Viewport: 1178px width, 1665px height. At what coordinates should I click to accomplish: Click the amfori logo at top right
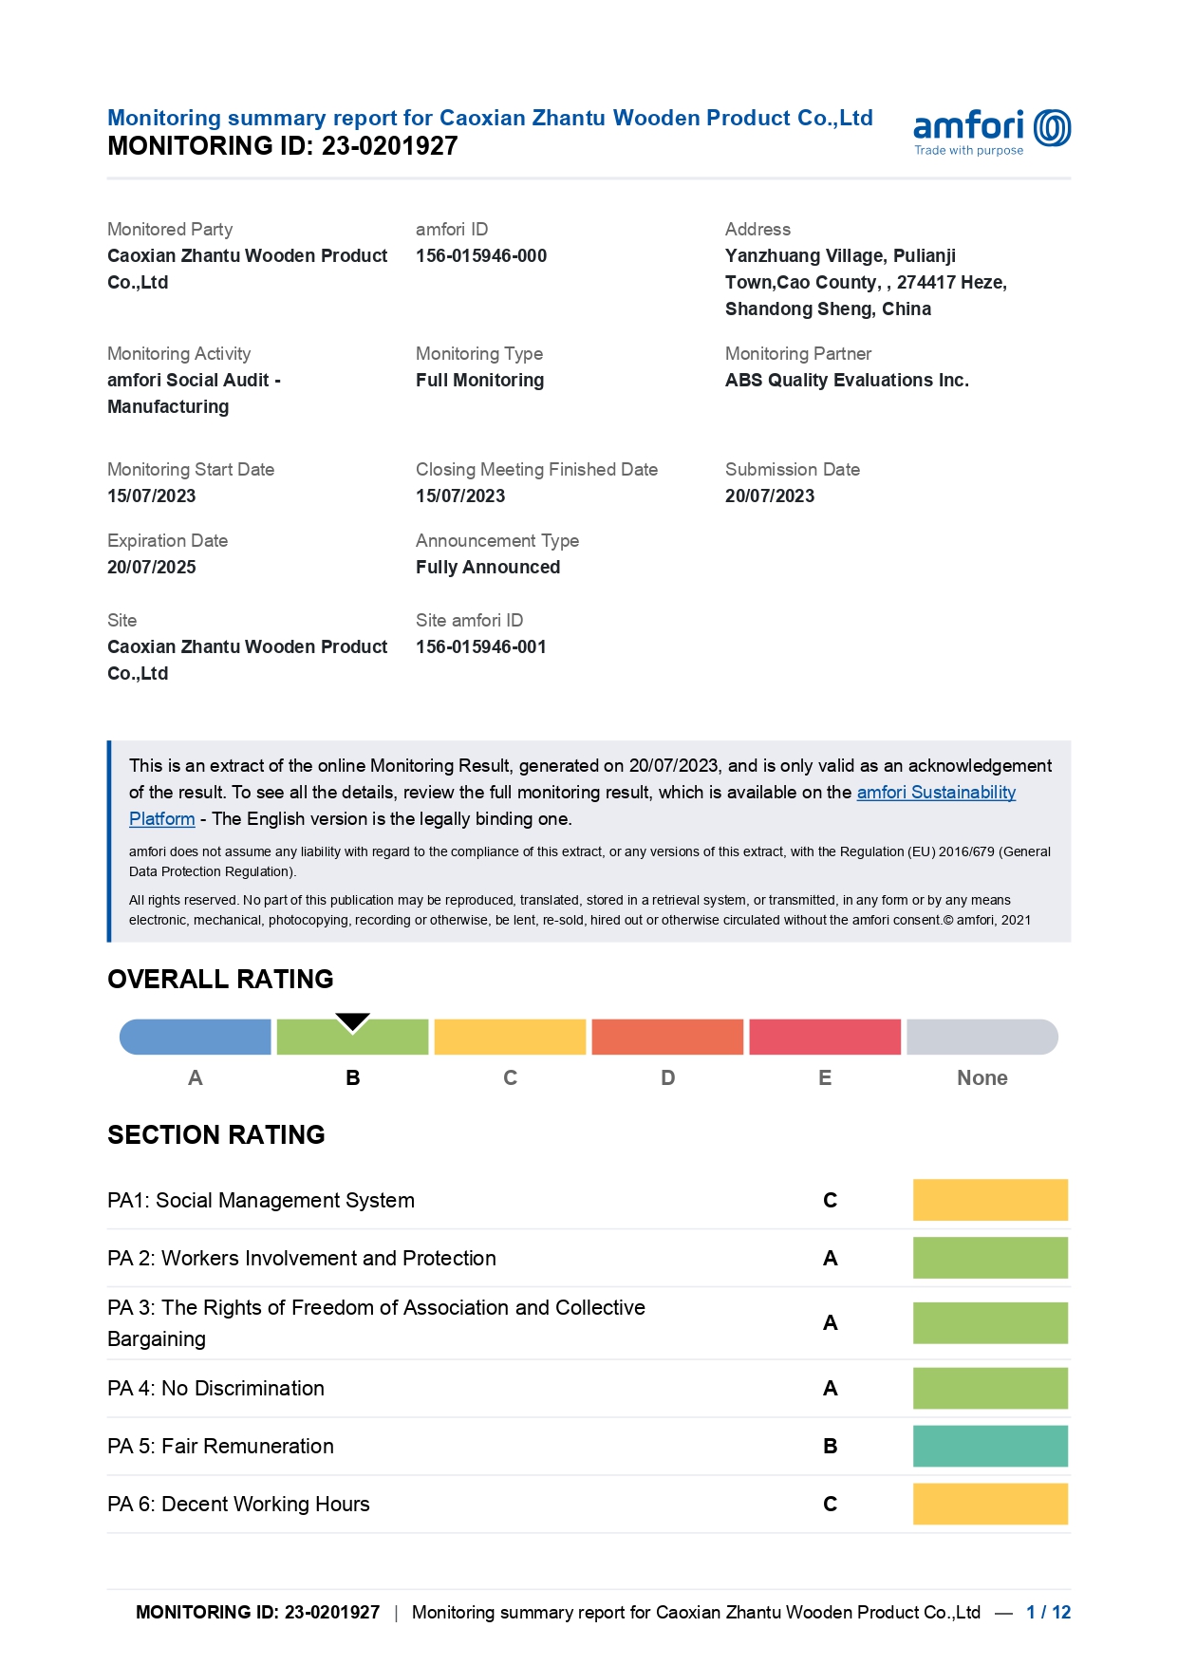coord(991,131)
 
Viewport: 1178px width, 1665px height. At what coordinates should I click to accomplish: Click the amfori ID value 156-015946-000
coord(481,256)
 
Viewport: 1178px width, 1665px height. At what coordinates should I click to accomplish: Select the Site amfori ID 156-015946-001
coord(481,647)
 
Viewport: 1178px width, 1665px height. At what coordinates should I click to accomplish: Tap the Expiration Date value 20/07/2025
coord(152,568)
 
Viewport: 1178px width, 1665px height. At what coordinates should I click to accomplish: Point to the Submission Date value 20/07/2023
coord(770,496)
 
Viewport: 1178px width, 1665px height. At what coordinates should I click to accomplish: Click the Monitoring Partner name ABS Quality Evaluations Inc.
coord(847,381)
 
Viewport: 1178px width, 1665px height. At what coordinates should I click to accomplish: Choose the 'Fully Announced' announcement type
coord(488,568)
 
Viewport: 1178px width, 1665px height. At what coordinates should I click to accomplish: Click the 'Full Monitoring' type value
coord(480,381)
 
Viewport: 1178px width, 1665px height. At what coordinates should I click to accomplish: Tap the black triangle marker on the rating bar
coord(352,1021)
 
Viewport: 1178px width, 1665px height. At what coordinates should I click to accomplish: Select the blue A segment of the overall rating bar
coord(196,1038)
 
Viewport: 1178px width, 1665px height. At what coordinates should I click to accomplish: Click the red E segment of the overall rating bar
coord(825,1038)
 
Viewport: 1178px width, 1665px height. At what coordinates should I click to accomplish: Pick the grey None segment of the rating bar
coord(982,1038)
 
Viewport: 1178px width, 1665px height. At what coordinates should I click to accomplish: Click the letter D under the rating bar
coord(668,1078)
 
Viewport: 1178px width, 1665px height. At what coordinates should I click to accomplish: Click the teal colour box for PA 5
coord(990,1447)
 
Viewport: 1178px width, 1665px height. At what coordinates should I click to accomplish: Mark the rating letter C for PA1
coord(831,1201)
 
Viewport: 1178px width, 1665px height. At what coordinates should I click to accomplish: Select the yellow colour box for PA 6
coord(990,1505)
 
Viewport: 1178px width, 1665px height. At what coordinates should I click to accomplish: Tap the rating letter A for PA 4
coord(831,1389)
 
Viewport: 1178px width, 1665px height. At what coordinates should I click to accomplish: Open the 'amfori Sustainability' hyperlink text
coord(936,793)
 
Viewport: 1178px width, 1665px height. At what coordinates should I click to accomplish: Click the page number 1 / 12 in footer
coord(1048,1613)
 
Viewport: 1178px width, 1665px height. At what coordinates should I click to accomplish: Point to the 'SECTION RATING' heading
coord(216,1135)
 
